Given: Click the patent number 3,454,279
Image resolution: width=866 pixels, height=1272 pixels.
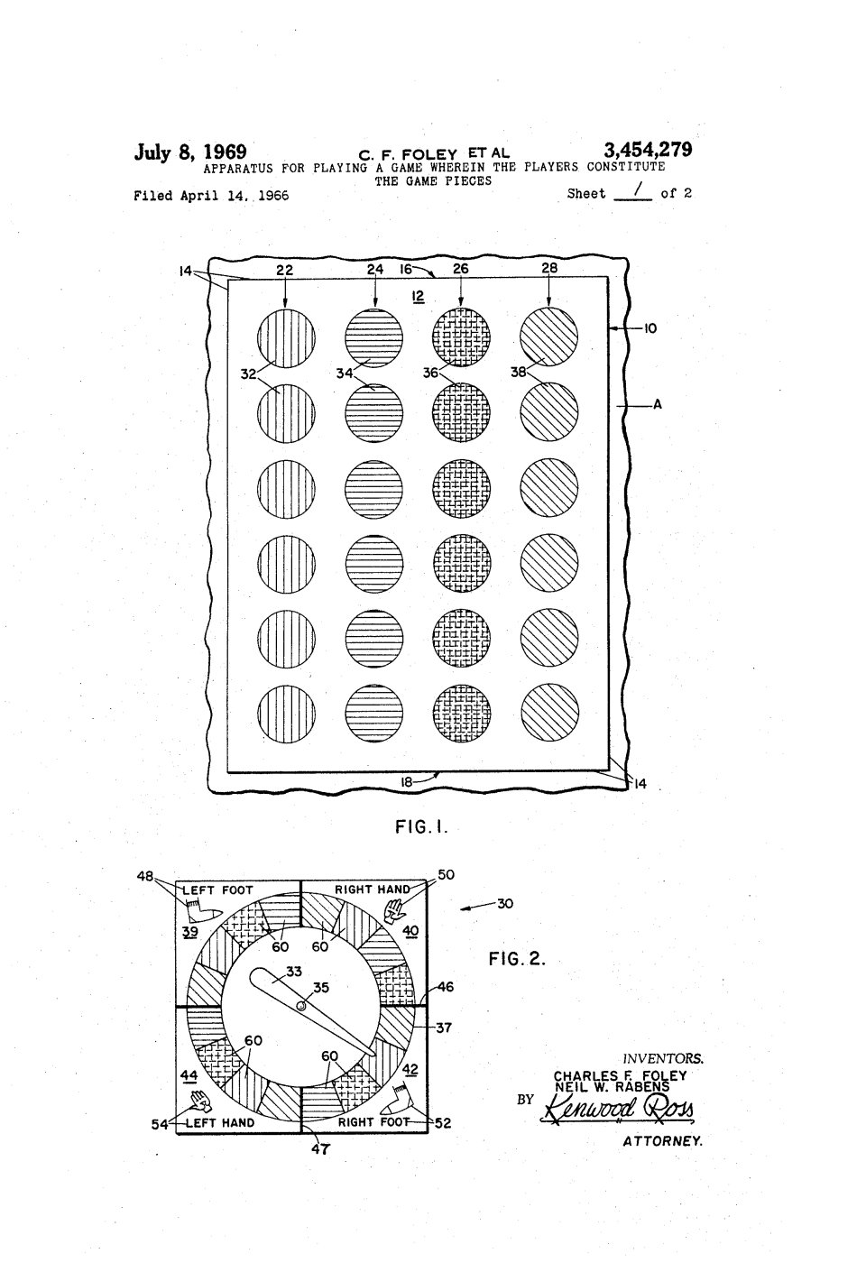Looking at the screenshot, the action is point(648,151).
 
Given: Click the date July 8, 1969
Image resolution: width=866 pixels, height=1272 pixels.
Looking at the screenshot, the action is point(190,152).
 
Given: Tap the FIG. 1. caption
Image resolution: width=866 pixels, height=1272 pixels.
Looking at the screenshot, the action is point(421,827).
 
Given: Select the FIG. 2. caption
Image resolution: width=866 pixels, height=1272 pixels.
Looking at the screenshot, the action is point(517,959).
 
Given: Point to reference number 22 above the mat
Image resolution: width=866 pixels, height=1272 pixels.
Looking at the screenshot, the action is point(284,271).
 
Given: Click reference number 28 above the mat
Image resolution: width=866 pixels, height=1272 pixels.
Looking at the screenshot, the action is point(549,267).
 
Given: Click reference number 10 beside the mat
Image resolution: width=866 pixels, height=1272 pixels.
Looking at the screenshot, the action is point(649,328).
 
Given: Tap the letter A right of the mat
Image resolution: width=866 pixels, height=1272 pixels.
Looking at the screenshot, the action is point(658,404).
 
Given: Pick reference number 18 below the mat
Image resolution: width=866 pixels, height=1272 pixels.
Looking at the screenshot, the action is point(407,782).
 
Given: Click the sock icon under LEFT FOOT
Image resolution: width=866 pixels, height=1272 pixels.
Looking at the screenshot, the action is point(200,911).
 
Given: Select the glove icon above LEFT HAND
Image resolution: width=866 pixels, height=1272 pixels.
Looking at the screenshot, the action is point(201,1100).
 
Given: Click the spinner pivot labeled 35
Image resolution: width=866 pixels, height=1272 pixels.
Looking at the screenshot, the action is point(301,1005).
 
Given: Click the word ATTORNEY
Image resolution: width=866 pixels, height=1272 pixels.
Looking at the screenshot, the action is point(663,1140).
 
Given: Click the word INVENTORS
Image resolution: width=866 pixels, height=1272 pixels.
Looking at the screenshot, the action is point(663,1058).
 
